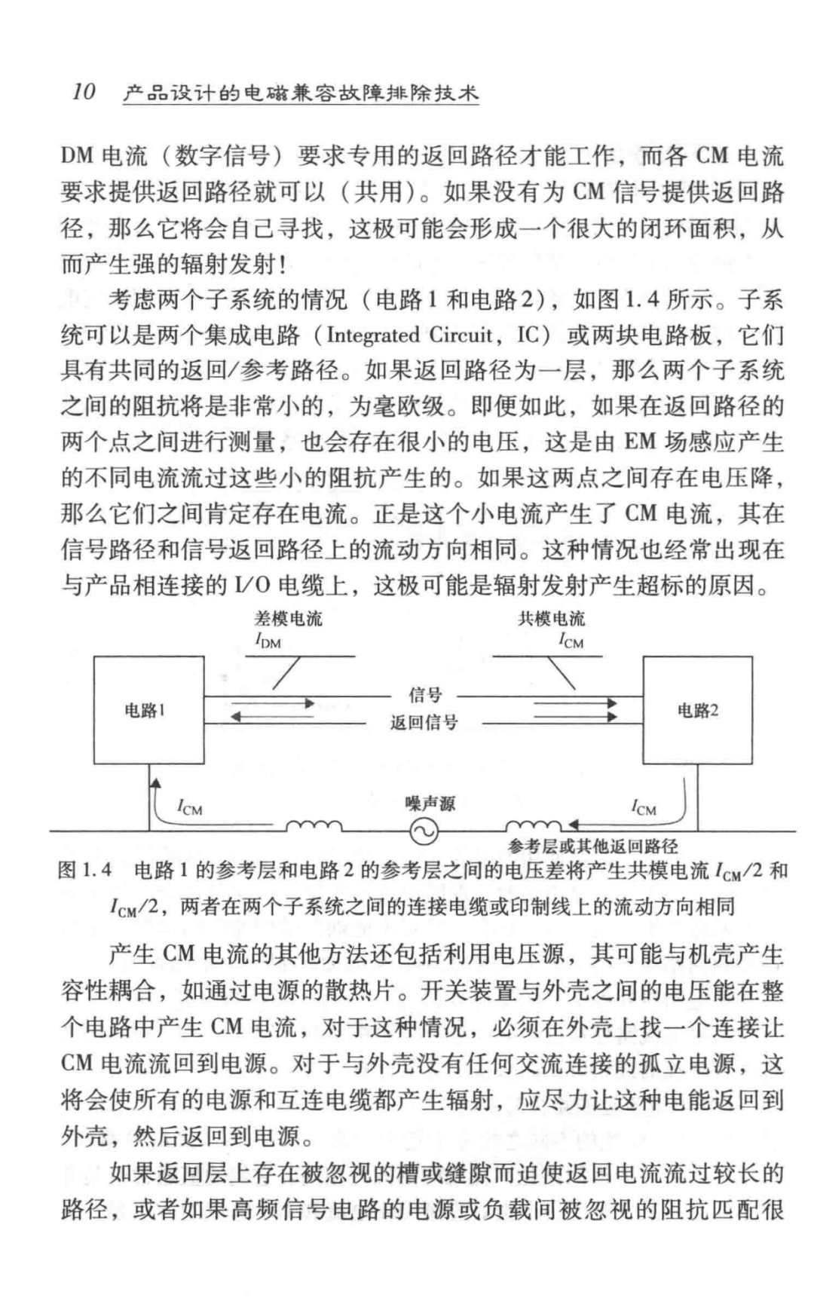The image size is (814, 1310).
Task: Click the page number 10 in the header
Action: click(84, 93)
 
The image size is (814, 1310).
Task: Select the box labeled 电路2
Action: click(697, 710)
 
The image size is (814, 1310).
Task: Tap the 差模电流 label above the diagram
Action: click(288, 619)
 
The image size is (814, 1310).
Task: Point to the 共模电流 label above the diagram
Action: click(551, 619)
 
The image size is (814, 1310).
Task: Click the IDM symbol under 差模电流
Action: click(268, 641)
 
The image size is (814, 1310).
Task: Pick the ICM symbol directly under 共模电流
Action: click(571, 641)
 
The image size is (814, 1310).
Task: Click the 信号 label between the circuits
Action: click(424, 694)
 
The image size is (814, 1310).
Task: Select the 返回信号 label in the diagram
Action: click(424, 723)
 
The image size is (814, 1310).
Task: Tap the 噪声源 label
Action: click(430, 804)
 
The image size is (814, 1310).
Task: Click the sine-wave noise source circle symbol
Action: click(424, 831)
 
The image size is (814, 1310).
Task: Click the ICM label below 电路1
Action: click(189, 809)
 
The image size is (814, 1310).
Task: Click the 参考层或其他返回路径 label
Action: click(593, 846)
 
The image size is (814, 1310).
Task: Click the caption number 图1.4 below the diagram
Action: click(85, 871)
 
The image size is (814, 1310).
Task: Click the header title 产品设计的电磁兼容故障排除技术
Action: click(300, 93)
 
